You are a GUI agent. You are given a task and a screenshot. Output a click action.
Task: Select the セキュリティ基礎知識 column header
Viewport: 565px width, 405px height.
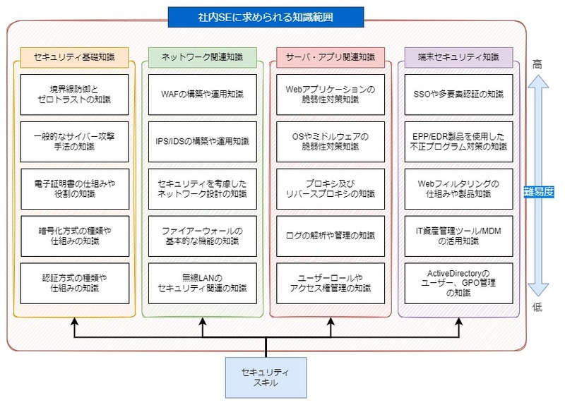[x=74, y=56]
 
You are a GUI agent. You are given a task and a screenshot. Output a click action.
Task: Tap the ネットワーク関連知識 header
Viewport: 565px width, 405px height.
[x=201, y=56]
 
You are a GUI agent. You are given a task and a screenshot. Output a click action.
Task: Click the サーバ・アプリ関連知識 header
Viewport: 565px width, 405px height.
[x=331, y=56]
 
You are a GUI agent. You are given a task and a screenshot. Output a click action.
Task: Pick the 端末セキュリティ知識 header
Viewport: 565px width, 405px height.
[x=458, y=56]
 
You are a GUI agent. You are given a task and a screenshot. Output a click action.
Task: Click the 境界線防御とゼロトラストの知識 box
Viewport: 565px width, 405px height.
[x=74, y=95]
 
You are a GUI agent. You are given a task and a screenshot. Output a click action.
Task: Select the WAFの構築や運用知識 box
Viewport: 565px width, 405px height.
[x=201, y=95]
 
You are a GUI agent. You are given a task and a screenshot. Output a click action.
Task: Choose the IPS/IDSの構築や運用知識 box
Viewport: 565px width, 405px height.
[x=201, y=141]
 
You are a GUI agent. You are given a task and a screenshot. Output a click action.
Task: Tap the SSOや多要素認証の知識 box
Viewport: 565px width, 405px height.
[x=458, y=95]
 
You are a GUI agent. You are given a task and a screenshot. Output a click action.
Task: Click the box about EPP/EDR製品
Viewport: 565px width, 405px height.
[x=458, y=141]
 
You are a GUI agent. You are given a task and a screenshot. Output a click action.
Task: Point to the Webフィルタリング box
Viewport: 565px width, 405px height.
[x=458, y=188]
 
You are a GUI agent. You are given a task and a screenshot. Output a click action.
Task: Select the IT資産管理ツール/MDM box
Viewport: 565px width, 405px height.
[x=458, y=236]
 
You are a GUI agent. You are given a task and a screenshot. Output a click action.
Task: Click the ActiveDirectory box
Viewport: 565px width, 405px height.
[x=458, y=282]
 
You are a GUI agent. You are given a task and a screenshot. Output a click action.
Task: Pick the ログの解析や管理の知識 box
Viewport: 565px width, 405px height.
[x=331, y=236]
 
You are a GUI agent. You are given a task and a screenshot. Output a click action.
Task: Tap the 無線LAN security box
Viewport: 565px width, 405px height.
[x=201, y=282]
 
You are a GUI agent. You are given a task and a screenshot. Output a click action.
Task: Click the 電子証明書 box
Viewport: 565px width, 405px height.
[x=74, y=188]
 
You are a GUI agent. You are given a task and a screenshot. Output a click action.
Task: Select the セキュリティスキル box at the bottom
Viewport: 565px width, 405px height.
[x=266, y=377]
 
